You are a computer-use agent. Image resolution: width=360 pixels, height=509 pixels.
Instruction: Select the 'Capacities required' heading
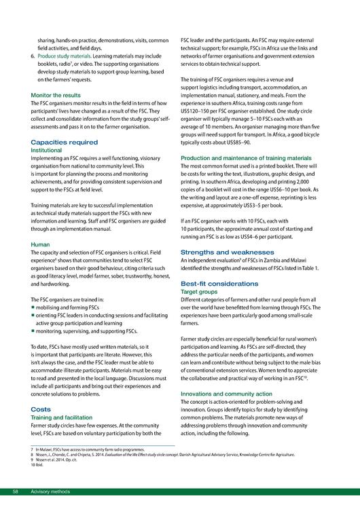[x=64, y=143]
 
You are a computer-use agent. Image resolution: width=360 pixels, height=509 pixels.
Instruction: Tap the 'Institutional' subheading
[x=50, y=150]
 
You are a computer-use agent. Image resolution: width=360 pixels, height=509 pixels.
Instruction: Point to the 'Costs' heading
[x=42, y=409]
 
